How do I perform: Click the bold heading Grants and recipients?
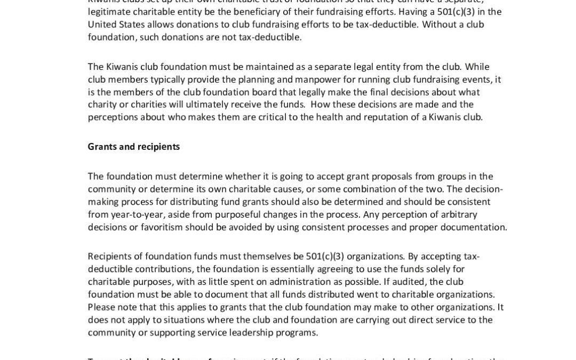[133, 147]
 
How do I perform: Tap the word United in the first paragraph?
[102, 24]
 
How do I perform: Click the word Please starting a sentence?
[101, 307]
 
